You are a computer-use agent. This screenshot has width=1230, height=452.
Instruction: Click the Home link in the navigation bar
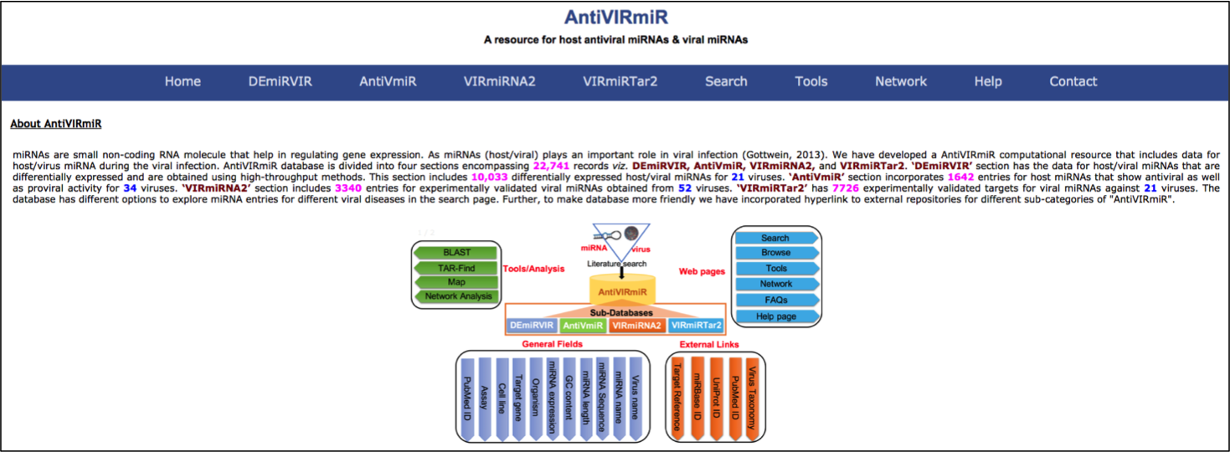183,81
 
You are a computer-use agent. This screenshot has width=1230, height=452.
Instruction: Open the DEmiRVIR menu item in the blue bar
280,81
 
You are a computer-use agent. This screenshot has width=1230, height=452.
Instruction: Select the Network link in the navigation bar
900,81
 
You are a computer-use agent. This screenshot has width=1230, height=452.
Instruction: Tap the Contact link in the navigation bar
1073,81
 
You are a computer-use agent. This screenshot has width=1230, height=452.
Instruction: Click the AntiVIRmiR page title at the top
615,18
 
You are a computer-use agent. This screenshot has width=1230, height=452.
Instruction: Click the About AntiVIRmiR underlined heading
56,124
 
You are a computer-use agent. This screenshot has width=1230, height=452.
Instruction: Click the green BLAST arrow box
456,253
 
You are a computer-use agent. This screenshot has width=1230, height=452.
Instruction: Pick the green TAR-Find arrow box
456,268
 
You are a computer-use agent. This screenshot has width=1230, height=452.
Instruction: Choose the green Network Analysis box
457,296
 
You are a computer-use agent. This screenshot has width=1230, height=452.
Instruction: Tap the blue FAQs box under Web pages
775,300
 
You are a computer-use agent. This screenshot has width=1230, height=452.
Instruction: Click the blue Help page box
775,316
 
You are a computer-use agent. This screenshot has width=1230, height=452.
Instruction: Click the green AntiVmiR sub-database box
583,326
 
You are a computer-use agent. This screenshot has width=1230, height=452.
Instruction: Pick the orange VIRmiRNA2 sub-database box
636,326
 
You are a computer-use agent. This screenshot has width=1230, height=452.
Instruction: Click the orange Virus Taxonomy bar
751,398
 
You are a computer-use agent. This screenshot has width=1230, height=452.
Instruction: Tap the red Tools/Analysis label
533,269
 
